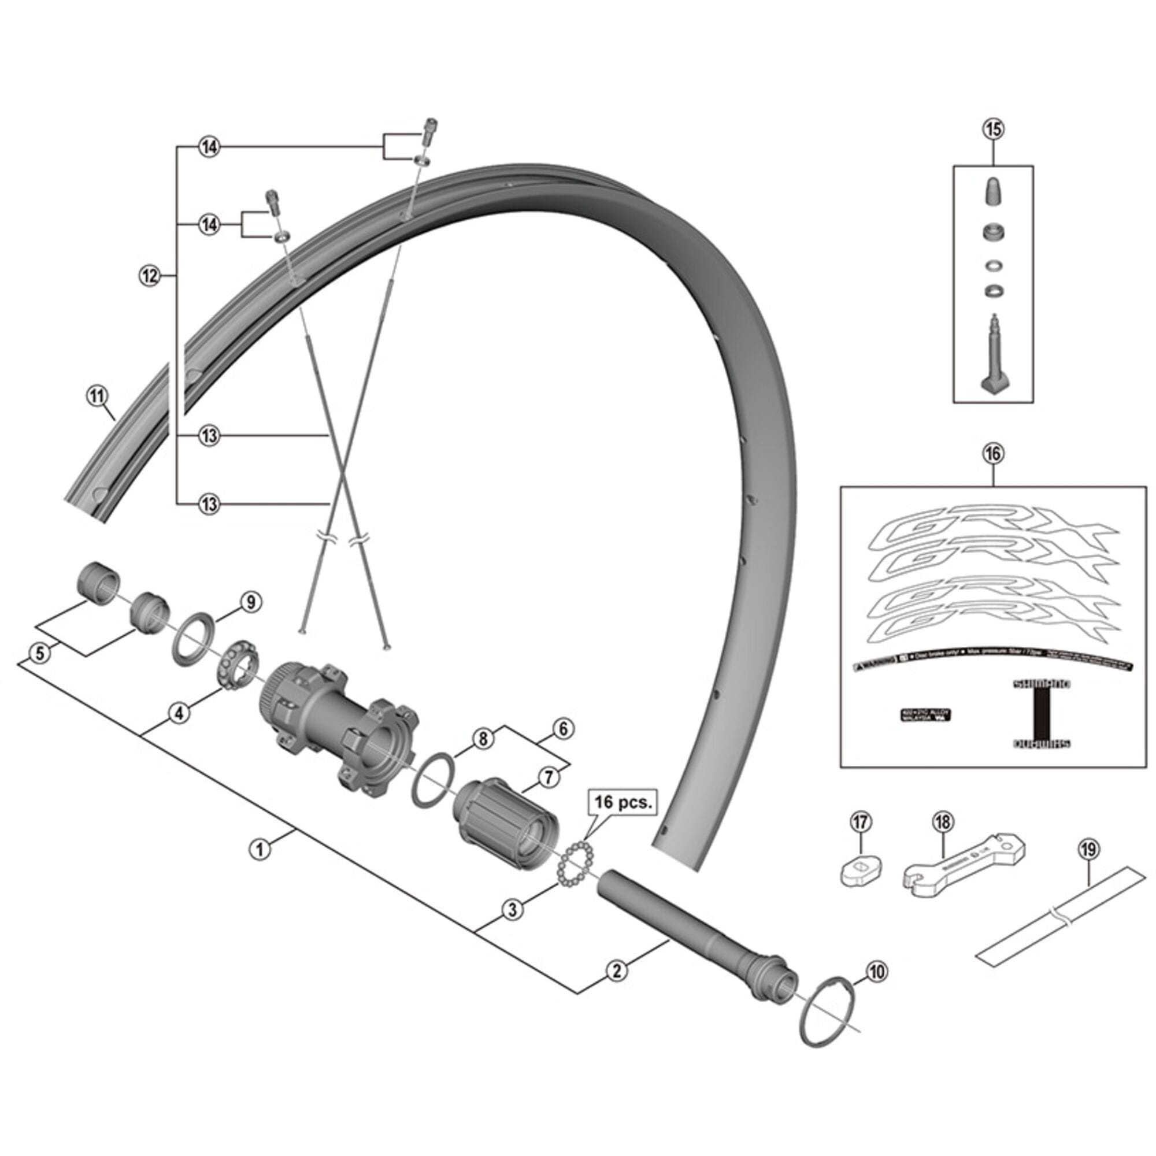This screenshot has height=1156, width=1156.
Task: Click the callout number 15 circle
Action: pyautogui.click(x=992, y=129)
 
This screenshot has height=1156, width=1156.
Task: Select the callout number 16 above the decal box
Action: pyautogui.click(x=992, y=454)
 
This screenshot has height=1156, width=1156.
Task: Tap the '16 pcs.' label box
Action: pyautogui.click(x=624, y=802)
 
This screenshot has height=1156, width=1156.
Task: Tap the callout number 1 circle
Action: pyautogui.click(x=260, y=849)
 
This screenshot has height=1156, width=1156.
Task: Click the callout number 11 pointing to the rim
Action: pyautogui.click(x=97, y=396)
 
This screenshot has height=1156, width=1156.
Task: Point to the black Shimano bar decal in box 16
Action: pyautogui.click(x=1040, y=714)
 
